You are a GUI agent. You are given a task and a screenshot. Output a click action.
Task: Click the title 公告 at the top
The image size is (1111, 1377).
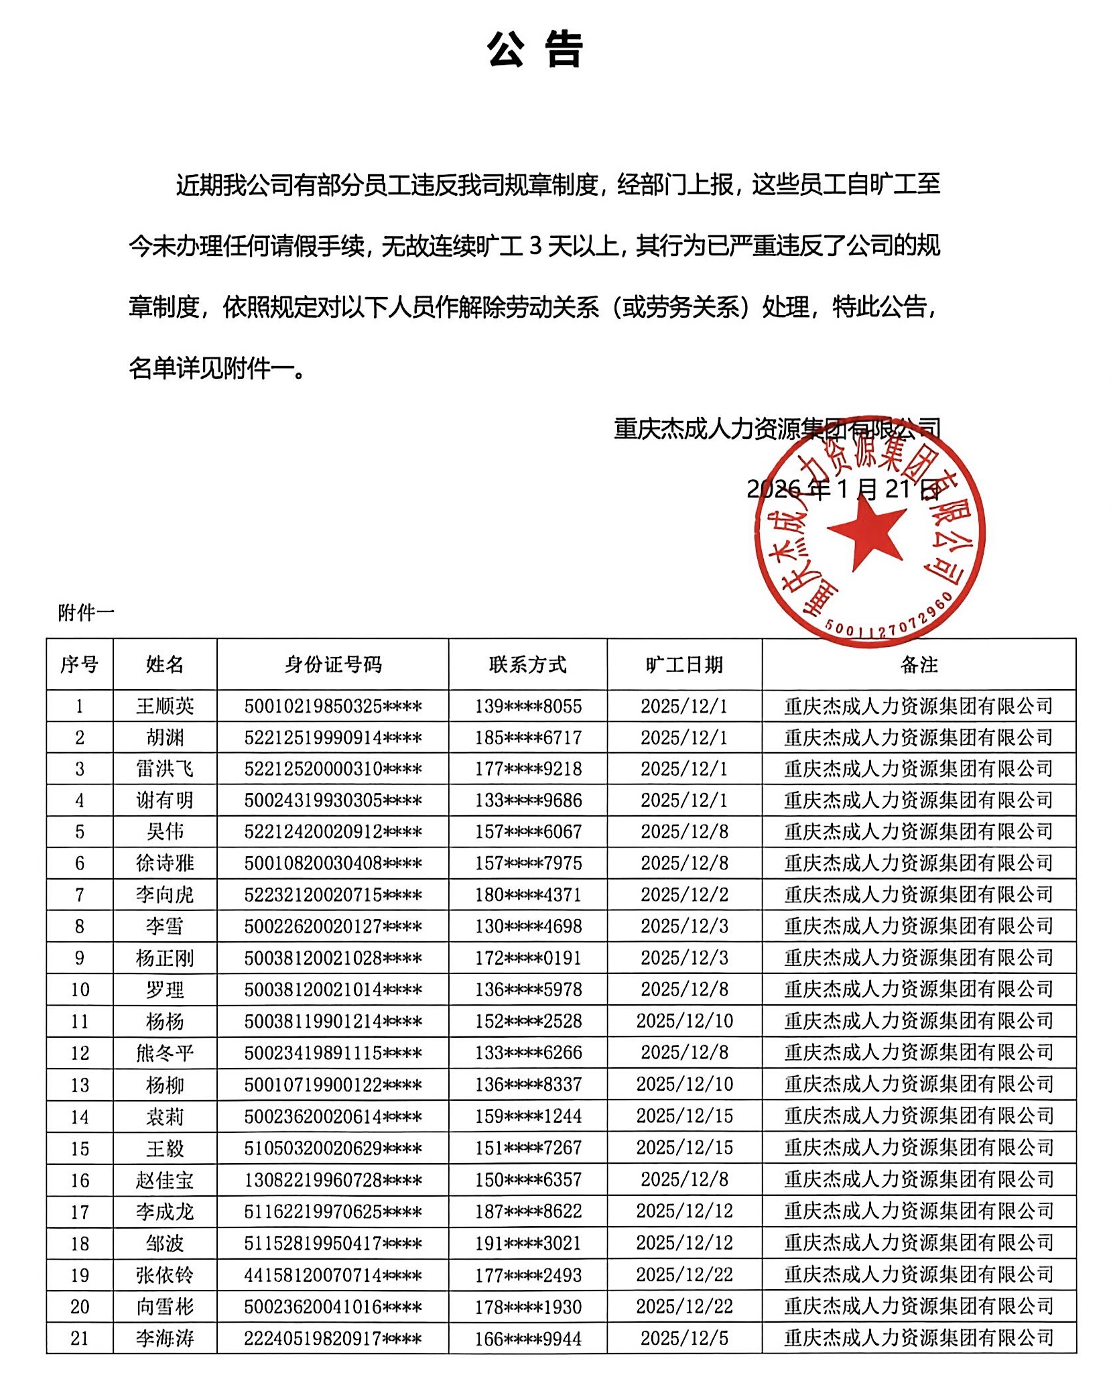click(x=535, y=50)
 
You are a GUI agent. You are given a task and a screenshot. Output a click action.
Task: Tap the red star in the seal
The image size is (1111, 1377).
click(x=867, y=532)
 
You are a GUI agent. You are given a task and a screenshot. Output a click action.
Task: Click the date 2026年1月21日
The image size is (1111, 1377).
click(x=843, y=489)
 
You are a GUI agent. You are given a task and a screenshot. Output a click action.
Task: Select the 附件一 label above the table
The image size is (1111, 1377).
click(x=86, y=612)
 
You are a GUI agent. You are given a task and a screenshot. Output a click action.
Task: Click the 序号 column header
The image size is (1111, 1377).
click(x=80, y=664)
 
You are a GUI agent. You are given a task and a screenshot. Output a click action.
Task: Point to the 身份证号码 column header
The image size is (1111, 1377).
click(x=333, y=664)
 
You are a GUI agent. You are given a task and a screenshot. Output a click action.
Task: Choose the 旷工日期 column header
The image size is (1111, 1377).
click(x=684, y=664)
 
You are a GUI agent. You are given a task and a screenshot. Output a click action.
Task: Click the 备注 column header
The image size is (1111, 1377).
click(x=919, y=664)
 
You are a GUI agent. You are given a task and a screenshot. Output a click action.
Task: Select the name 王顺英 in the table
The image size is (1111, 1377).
click(x=165, y=706)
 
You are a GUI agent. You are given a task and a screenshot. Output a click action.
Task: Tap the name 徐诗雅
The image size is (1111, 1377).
click(x=165, y=863)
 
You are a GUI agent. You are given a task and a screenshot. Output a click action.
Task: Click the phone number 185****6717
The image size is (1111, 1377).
click(x=528, y=737)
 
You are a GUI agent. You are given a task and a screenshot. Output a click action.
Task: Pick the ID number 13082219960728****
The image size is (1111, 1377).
click(x=333, y=1179)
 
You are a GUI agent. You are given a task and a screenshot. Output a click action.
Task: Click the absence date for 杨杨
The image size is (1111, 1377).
click(x=684, y=1021)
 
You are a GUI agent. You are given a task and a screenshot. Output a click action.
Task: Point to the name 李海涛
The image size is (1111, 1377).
click(x=165, y=1338)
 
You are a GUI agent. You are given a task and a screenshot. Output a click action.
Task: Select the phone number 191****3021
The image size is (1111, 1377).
click(x=528, y=1243)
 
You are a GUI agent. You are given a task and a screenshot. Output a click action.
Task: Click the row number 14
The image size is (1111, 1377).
click(x=80, y=1116)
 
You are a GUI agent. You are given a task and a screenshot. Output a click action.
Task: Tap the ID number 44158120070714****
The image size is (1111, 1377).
click(x=333, y=1274)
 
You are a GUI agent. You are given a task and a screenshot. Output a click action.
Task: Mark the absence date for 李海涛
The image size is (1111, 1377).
click(x=684, y=1338)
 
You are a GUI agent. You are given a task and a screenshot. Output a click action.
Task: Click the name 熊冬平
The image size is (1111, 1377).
click(x=165, y=1053)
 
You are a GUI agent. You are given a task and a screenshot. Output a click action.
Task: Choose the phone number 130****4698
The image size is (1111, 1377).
click(x=528, y=926)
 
